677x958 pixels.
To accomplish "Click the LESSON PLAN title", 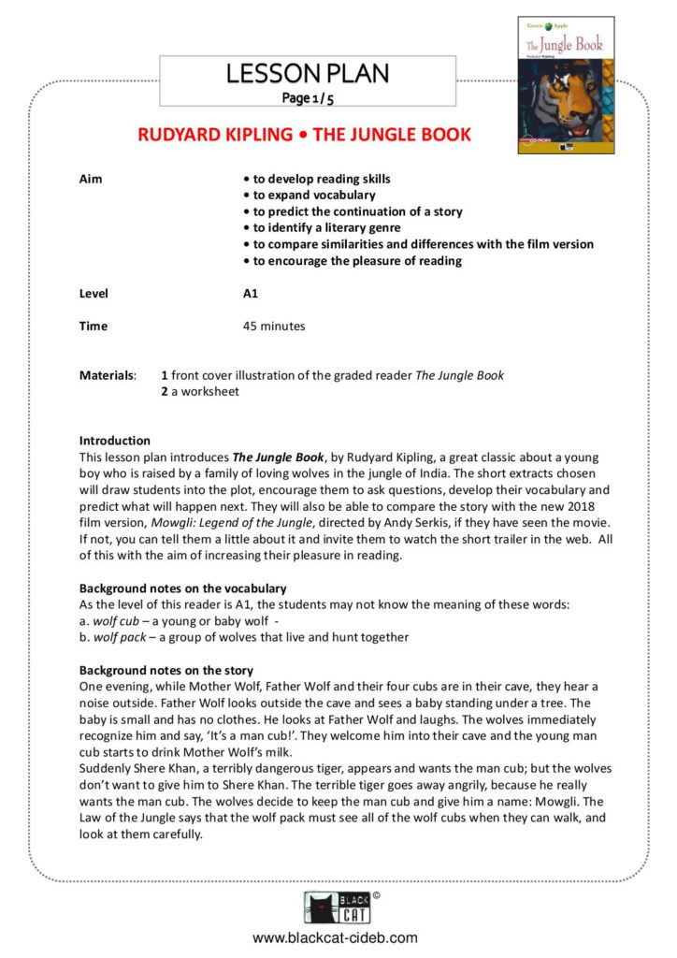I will [x=307, y=73].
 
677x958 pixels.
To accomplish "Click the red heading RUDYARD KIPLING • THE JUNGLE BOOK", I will [x=304, y=135].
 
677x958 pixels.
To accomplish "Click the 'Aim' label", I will [x=91, y=179].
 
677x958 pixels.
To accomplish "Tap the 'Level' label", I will [x=94, y=294].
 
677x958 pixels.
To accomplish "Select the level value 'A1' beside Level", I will [x=251, y=294].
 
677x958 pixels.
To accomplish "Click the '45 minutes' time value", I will [x=274, y=327].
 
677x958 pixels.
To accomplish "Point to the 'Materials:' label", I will [x=108, y=375].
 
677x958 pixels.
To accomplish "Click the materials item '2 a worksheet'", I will [x=199, y=391].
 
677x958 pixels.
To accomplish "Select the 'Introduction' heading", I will [x=114, y=441].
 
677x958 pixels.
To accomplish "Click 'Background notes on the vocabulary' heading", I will [x=182, y=588].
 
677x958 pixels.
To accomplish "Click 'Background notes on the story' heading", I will [x=166, y=671].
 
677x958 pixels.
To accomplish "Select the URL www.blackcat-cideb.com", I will [x=335, y=937].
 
